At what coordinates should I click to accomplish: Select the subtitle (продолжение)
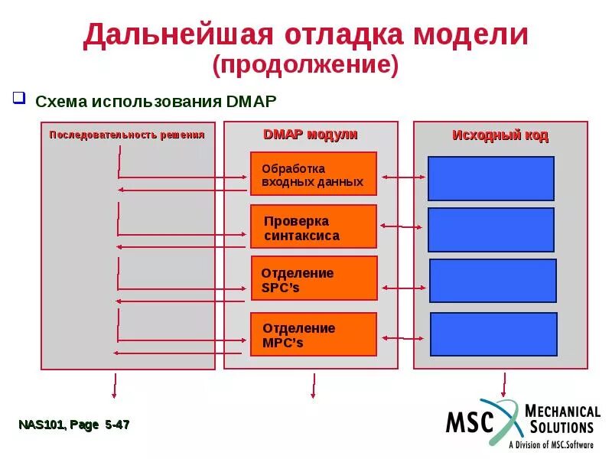click(306, 65)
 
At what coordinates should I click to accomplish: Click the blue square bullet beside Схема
click(21, 99)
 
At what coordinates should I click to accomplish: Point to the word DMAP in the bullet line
click(251, 101)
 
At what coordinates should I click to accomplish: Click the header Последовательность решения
click(127, 135)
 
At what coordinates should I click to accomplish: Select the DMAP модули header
click(310, 135)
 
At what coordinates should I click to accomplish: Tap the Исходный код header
click(500, 135)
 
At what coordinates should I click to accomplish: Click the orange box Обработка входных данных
click(313, 174)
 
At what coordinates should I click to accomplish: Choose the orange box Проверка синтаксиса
click(313, 226)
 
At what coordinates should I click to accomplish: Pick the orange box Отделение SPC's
click(313, 278)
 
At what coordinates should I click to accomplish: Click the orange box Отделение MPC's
click(313, 334)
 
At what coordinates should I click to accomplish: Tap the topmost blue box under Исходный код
click(490, 178)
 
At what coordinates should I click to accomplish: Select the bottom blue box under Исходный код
click(493, 334)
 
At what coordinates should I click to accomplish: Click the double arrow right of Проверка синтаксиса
click(402, 226)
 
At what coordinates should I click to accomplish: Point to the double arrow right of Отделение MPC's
click(403, 337)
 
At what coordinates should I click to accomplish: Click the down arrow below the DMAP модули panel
click(312, 386)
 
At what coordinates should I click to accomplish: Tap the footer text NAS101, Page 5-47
click(74, 425)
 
